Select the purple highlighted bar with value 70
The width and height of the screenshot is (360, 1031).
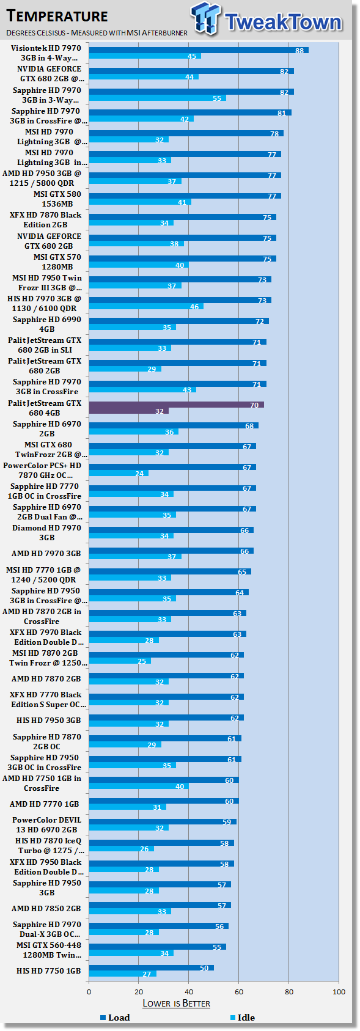tap(176, 405)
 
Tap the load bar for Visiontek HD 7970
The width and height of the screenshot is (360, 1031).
tap(198, 50)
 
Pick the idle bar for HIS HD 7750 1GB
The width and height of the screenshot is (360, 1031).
tap(122, 974)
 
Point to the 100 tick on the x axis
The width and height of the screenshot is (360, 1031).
tap(339, 992)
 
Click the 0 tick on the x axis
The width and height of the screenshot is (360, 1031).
tap(89, 992)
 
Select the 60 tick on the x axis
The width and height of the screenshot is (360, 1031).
tap(239, 992)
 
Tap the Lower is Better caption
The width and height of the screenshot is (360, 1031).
tap(176, 1003)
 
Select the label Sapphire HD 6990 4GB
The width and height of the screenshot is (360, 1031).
tap(46, 325)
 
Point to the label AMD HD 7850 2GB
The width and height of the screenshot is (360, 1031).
tap(46, 908)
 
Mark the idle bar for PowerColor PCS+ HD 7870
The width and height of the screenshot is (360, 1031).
tap(119, 473)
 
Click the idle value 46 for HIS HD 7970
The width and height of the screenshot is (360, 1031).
tap(194, 307)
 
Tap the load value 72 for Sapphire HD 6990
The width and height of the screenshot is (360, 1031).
tap(260, 321)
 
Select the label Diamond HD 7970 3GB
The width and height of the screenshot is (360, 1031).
tap(46, 533)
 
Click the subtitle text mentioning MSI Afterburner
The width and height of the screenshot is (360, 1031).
tap(97, 33)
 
